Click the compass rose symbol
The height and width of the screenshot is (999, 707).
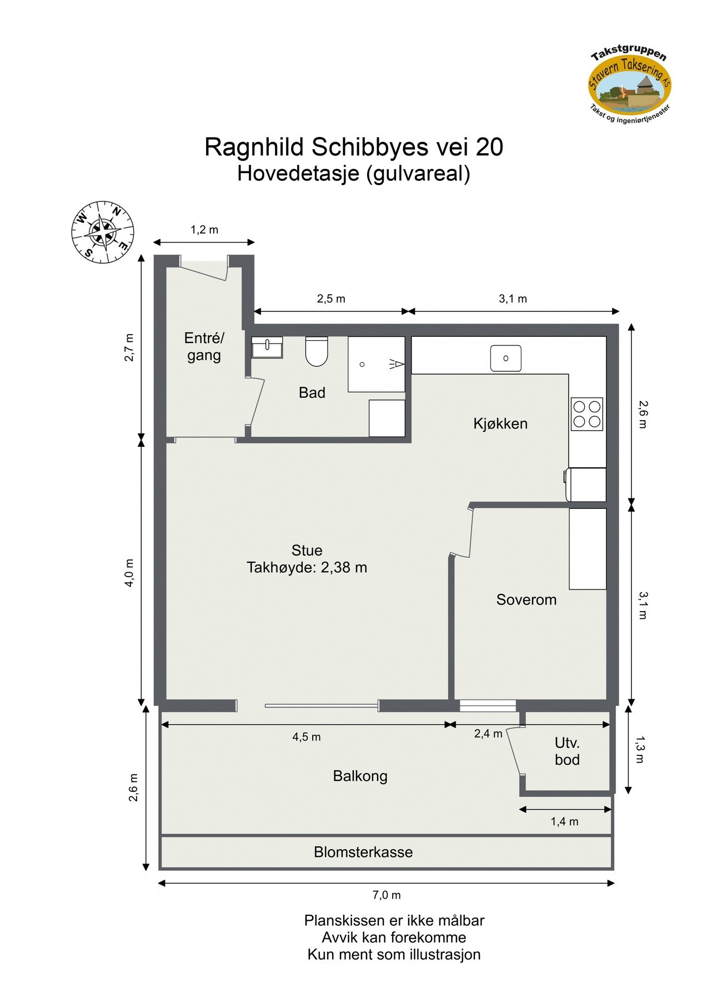click(x=103, y=232)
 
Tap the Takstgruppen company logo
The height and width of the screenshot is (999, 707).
click(x=630, y=87)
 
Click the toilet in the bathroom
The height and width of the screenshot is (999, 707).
click(x=317, y=352)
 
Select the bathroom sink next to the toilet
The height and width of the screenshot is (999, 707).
click(x=267, y=348)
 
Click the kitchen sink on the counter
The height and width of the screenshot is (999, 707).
click(x=505, y=358)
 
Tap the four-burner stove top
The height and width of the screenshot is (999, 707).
click(x=587, y=414)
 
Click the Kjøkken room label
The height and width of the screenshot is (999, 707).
click(x=500, y=424)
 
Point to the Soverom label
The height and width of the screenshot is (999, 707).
click(x=526, y=600)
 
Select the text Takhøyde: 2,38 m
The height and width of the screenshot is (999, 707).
click(x=307, y=568)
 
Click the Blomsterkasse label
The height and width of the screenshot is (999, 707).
click(x=363, y=852)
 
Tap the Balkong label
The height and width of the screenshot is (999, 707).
click(x=360, y=776)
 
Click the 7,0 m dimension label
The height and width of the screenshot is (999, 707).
click(x=386, y=895)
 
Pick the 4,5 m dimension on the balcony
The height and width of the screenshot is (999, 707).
click(x=307, y=737)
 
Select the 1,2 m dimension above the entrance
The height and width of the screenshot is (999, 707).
click(x=204, y=230)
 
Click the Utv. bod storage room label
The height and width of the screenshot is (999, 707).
click(x=567, y=751)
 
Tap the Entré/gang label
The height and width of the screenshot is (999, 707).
click(x=204, y=346)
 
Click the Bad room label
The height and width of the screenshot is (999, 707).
click(x=312, y=393)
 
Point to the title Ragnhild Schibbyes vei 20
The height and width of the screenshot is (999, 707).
click(x=354, y=148)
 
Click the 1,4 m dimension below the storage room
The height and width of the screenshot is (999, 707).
click(x=564, y=821)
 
